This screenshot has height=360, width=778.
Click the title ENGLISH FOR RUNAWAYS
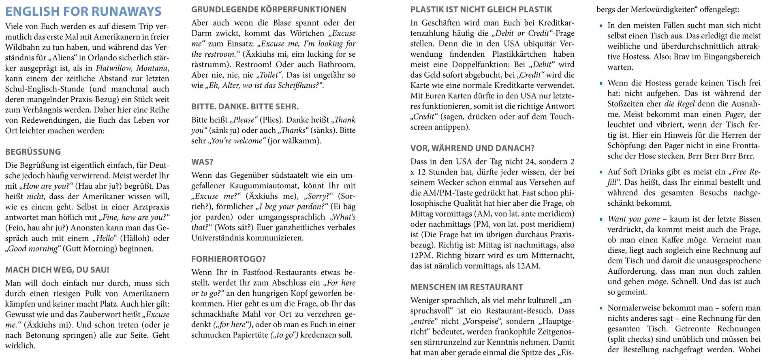83,11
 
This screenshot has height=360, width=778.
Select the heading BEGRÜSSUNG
33,152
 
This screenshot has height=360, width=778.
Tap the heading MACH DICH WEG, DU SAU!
57,270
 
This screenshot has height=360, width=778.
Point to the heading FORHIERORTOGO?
229,259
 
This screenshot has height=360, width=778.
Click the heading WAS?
202,162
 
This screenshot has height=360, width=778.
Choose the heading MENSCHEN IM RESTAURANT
466,287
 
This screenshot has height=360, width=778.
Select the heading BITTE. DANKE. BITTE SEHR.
245,107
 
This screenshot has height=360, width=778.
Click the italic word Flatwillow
114,68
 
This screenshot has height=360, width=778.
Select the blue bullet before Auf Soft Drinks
601,172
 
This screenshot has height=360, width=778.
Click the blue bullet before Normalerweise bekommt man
601,308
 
